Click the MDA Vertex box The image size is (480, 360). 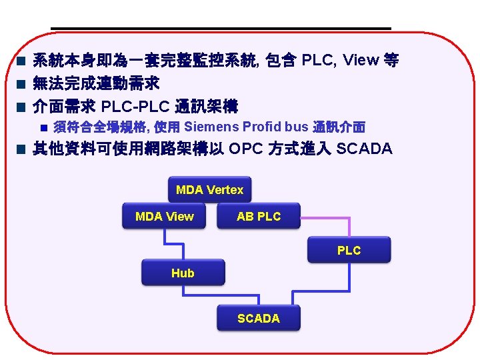(209, 190)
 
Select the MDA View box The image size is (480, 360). (164, 216)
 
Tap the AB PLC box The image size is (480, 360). (259, 216)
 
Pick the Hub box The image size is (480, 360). (183, 273)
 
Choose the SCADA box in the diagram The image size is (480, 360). (259, 318)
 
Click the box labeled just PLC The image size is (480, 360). (349, 251)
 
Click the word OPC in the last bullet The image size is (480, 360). (246, 148)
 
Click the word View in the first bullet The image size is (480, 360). (360, 61)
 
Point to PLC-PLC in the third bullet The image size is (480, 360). (136, 105)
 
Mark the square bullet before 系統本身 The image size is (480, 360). (21, 62)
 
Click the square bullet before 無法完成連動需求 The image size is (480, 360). (21, 84)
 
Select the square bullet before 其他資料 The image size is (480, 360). (21, 149)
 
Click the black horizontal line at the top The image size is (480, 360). (220, 28)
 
